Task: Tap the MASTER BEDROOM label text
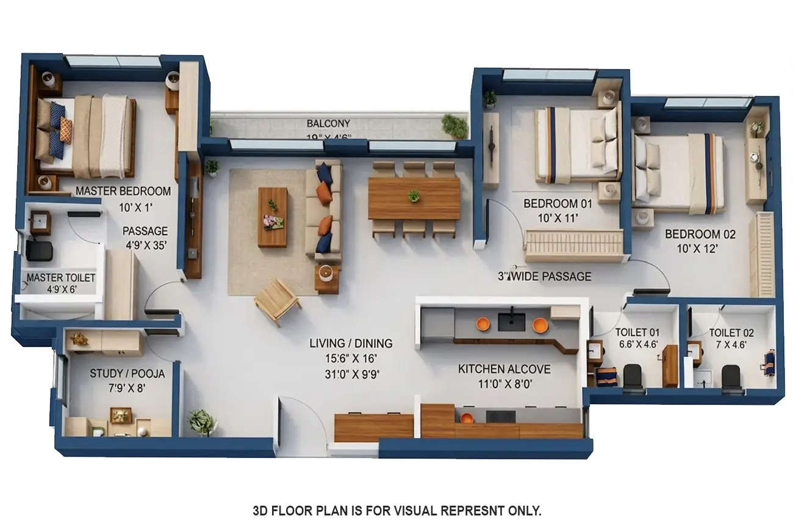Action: [123, 191]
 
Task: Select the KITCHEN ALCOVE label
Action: [504, 369]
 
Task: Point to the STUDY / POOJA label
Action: [127, 373]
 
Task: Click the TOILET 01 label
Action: [637, 332]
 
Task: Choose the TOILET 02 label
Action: [731, 333]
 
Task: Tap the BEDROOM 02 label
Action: [700, 234]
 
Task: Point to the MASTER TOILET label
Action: [61, 278]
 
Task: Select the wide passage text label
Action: [544, 277]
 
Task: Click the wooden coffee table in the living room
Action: [272, 217]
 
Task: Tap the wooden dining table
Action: [414, 198]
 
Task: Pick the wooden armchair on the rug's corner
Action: [277, 300]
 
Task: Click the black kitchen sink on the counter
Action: [511, 322]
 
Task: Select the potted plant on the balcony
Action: [454, 126]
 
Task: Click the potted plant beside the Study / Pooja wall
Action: [201, 421]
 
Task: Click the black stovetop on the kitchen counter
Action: [500, 417]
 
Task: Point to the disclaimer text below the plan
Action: [396, 510]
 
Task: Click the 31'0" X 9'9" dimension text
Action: [352, 374]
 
